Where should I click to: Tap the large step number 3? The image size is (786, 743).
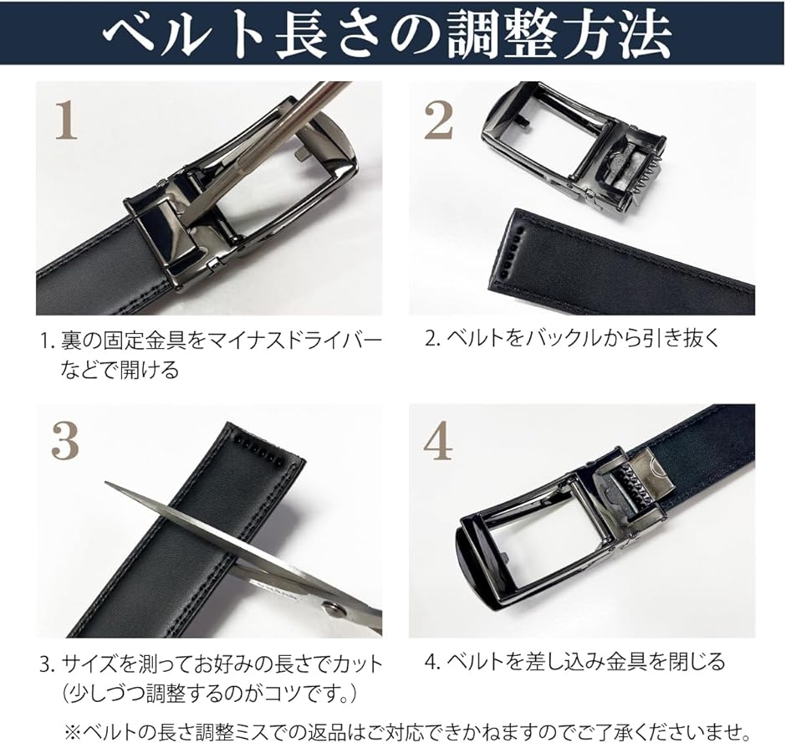pos(65,440)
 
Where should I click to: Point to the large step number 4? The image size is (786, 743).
pos(438,441)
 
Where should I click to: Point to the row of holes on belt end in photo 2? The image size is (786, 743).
pos(511,250)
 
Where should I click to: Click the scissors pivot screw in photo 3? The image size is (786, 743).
pos(333,610)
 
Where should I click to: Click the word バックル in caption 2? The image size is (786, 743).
pos(563,338)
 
